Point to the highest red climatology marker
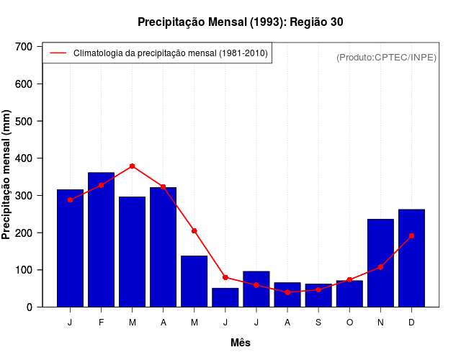(132, 166)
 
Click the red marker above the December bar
(411, 235)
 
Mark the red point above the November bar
(380, 267)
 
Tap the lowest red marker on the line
(287, 292)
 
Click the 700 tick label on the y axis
(24, 47)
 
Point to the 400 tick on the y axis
(24, 158)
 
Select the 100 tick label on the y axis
(24, 270)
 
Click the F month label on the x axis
(101, 323)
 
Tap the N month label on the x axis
(380, 323)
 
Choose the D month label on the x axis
(411, 323)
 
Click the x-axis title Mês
(241, 343)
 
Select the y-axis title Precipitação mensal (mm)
(7, 175)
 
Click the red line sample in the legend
(58, 53)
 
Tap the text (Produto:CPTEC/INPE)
(386, 57)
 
